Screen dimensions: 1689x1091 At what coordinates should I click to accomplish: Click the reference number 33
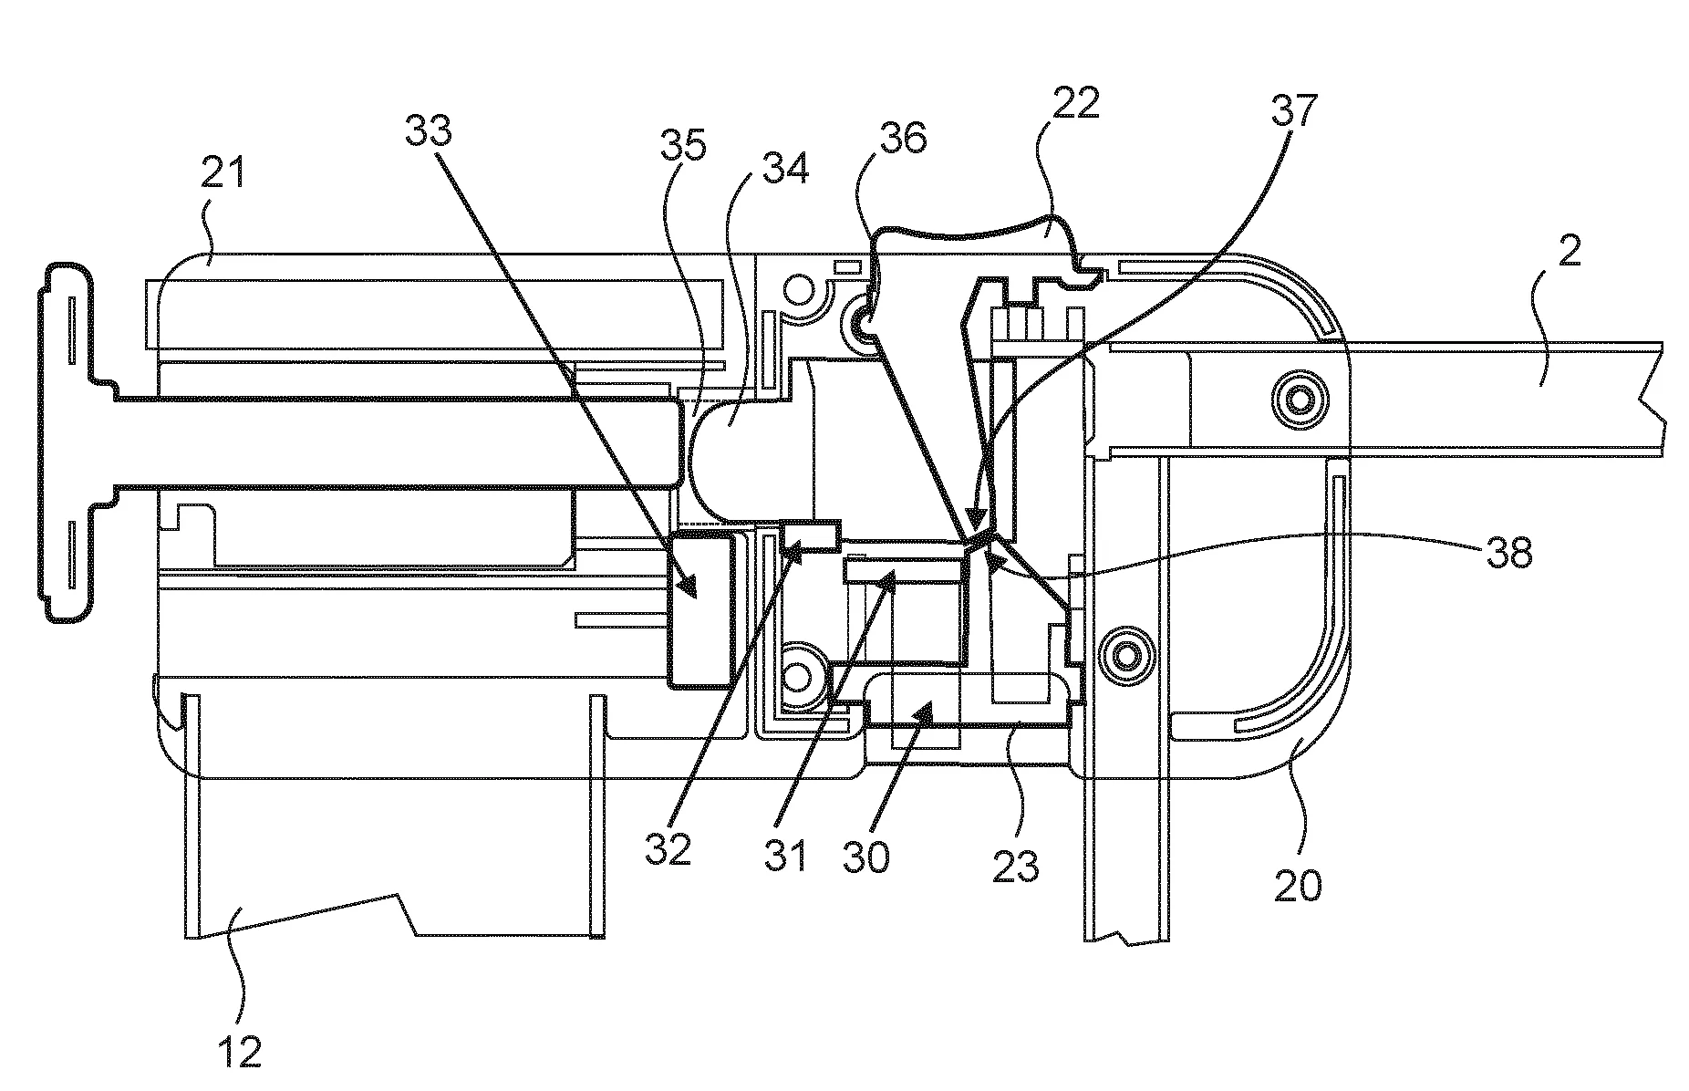428,133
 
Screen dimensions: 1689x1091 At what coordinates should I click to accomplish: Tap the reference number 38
1508,552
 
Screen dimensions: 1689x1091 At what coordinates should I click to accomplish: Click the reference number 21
223,171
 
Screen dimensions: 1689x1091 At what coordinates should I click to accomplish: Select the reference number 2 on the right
1569,253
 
